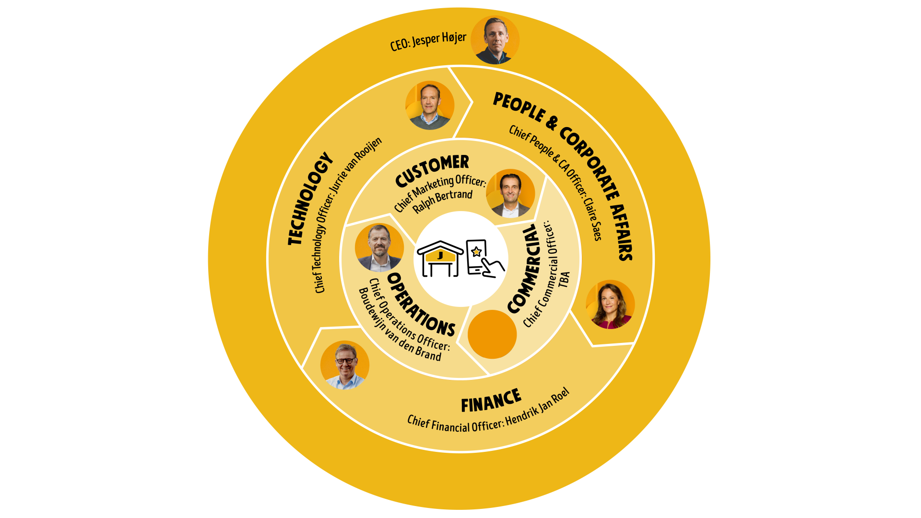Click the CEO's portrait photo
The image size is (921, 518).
tap(495, 40)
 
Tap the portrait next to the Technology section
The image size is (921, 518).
tap(430, 105)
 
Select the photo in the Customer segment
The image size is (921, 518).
tap(510, 193)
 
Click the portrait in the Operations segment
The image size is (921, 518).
tap(379, 248)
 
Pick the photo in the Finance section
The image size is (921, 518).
tap(345, 365)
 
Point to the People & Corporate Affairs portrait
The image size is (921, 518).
tap(610, 305)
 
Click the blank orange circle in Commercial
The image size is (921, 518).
tap(492, 334)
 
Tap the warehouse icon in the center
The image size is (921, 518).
tap(440, 259)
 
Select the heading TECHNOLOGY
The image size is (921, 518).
tap(310, 199)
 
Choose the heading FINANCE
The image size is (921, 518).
tap(491, 400)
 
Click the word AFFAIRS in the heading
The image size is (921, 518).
tap(622, 232)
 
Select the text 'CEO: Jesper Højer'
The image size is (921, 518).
tap(428, 41)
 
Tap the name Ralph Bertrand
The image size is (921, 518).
tap(443, 201)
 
